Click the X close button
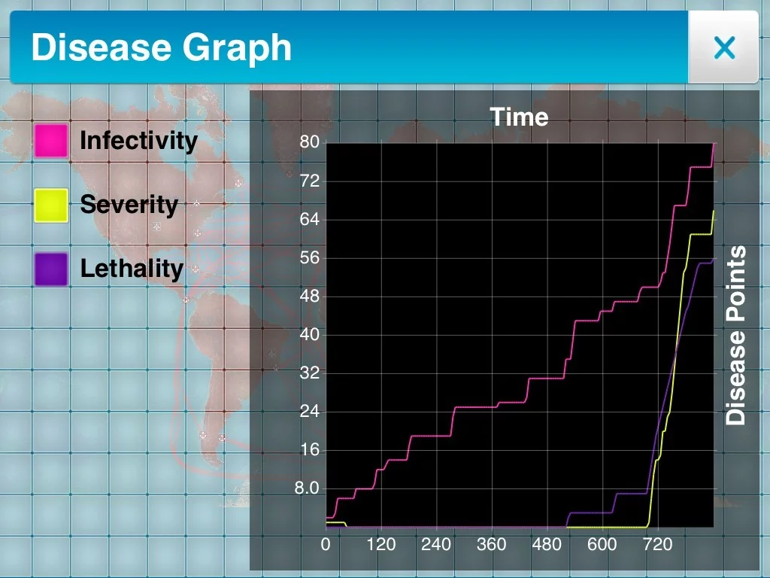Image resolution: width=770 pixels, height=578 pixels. (724, 48)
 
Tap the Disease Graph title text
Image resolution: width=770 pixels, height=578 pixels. (161, 48)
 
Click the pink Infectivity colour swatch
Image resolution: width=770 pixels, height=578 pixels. (51, 141)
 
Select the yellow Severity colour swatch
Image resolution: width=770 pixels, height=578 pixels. (51, 205)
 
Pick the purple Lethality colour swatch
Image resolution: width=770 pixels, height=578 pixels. (51, 269)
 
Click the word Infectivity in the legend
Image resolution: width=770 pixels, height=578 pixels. (138, 141)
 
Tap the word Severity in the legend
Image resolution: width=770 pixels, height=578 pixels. (129, 205)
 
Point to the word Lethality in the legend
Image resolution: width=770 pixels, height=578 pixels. (132, 269)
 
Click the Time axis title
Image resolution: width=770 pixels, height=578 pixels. (519, 117)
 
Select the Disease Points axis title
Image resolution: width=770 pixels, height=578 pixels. (736, 335)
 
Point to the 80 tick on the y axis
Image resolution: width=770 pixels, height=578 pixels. (310, 142)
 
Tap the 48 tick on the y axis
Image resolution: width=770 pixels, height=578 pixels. (310, 297)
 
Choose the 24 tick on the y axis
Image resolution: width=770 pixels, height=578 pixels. (310, 412)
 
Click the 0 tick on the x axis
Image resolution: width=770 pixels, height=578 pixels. (326, 544)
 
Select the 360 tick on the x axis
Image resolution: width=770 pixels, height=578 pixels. (492, 544)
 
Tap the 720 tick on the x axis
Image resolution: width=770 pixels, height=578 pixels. (657, 544)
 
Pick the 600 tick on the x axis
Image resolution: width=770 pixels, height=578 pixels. (602, 544)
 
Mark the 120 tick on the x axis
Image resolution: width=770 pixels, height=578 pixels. (381, 544)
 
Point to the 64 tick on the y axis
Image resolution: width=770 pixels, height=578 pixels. (310, 220)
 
